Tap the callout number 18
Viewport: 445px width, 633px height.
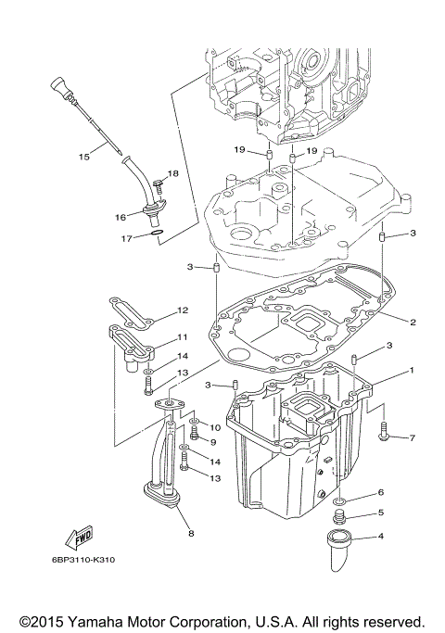coord(172,174)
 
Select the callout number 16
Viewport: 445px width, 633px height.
coord(121,217)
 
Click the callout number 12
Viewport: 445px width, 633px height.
coord(183,310)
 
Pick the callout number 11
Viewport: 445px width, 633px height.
coord(183,337)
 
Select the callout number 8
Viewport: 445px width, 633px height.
coord(191,534)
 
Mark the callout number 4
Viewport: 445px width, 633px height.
coord(405,536)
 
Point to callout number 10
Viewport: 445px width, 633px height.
coord(215,427)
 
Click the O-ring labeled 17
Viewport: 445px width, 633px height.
coord(159,233)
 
